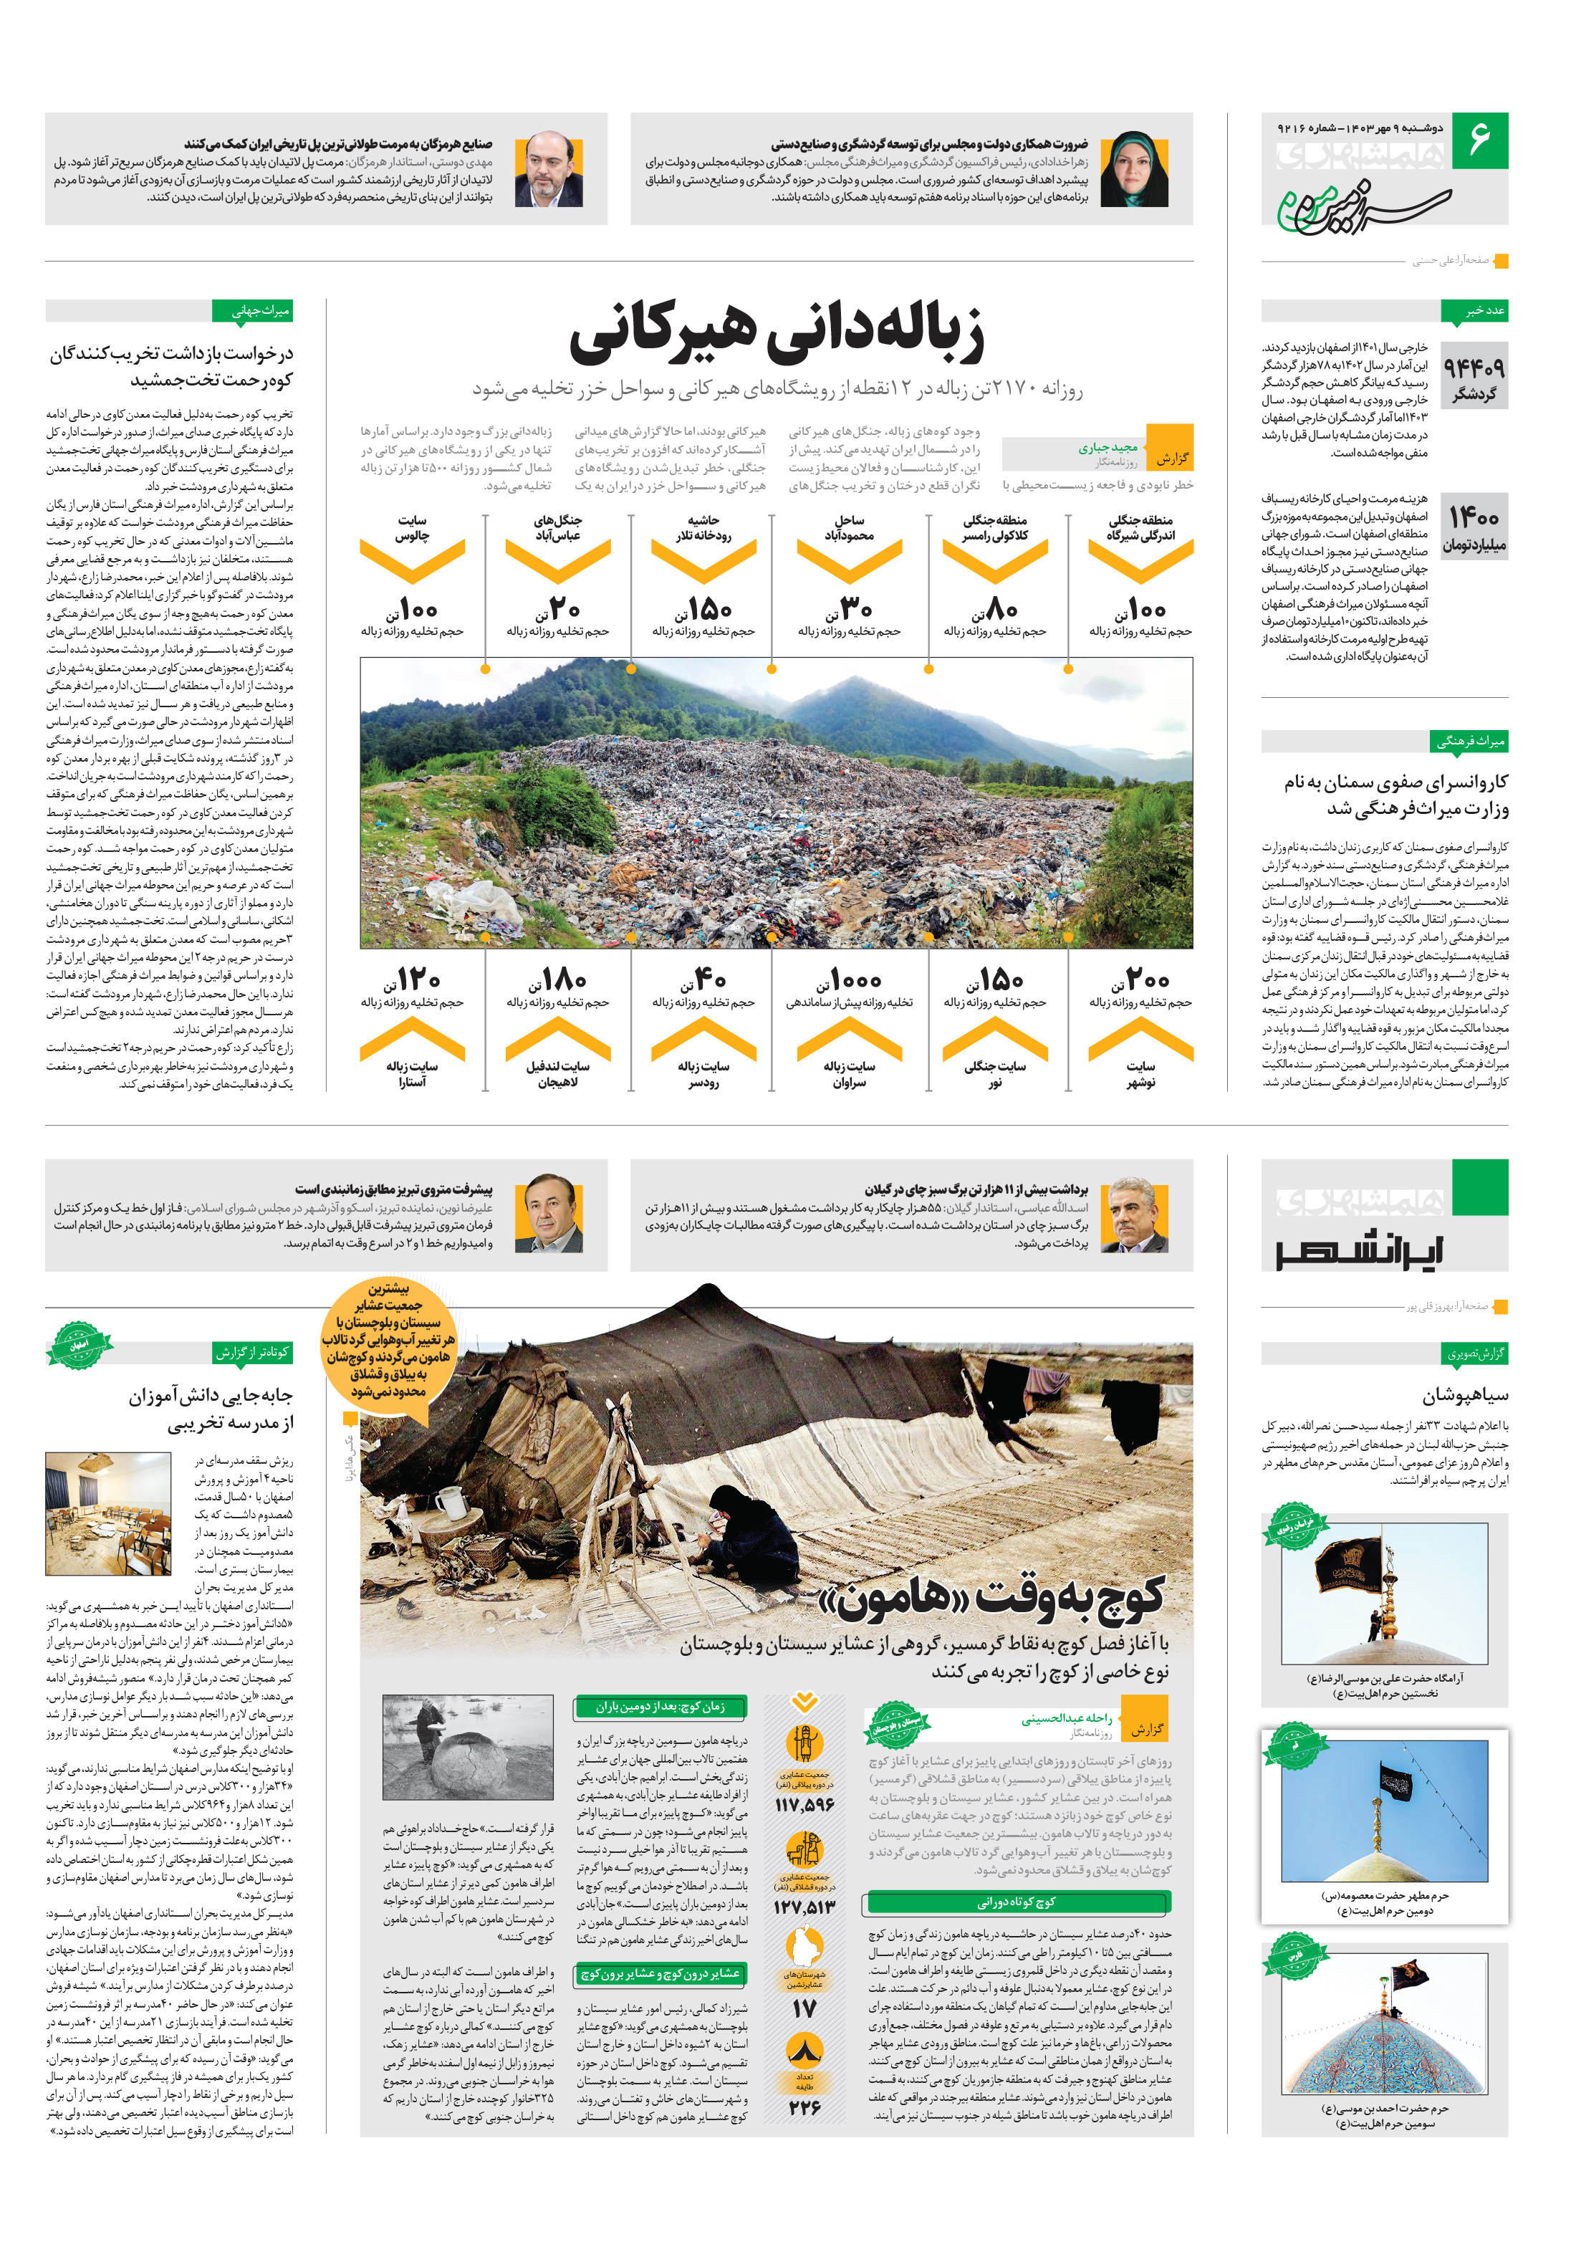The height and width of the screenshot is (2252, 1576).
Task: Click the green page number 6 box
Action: tap(1479, 140)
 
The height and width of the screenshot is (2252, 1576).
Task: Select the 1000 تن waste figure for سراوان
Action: tap(850, 980)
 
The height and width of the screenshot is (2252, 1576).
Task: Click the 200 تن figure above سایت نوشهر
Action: tap(1140, 980)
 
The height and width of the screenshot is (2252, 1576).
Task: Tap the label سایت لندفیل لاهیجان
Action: tap(557, 1074)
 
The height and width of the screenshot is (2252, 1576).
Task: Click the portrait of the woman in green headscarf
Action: tap(1134, 168)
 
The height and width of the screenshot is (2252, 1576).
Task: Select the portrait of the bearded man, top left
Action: tap(555, 168)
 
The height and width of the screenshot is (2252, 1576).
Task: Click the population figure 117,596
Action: tap(804, 1806)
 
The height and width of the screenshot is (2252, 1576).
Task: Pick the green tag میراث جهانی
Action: tap(253, 311)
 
